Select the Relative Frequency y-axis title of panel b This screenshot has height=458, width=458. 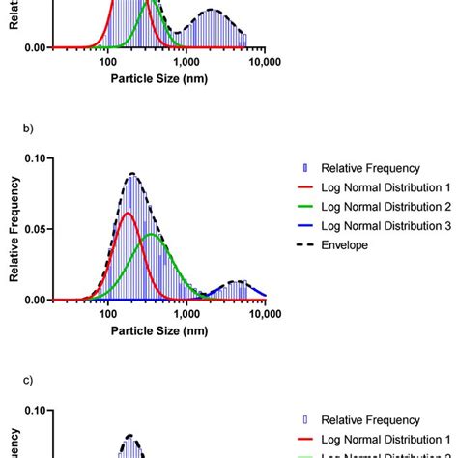(14, 229)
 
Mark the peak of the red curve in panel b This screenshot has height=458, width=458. (127, 213)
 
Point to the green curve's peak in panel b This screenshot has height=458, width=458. (152, 235)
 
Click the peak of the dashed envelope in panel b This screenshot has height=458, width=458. (132, 174)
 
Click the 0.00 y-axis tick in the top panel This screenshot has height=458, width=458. (33, 47)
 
